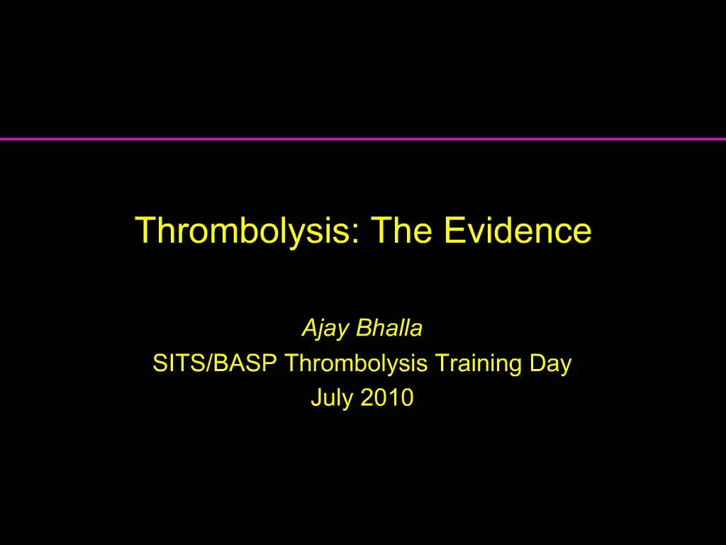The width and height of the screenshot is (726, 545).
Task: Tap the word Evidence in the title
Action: click(519, 231)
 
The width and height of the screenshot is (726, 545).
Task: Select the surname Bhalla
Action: click(389, 329)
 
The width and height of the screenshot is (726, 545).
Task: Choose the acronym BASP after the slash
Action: click(242, 364)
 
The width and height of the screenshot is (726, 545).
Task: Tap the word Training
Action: click(479, 364)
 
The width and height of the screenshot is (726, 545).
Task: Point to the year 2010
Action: click(386, 399)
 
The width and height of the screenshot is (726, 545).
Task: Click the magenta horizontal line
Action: click(363, 138)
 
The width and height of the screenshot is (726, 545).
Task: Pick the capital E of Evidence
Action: click(454, 231)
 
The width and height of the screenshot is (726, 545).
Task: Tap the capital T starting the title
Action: click(144, 231)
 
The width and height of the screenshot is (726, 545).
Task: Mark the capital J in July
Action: click(315, 398)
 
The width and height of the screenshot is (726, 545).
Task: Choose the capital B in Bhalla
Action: click(362, 329)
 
